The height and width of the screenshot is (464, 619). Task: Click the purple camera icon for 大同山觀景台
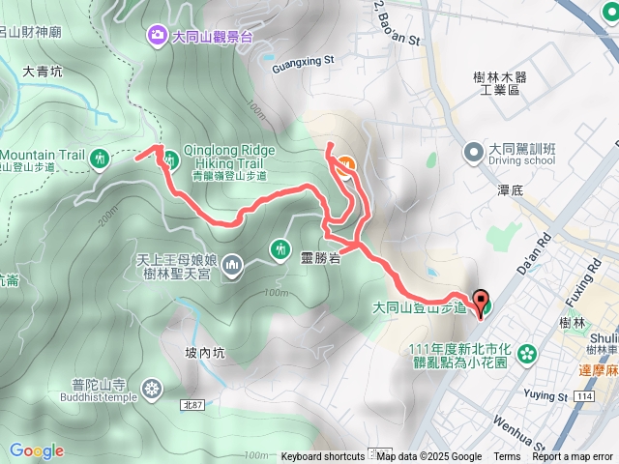click(158, 37)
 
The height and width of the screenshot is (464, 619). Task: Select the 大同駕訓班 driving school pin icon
click(473, 152)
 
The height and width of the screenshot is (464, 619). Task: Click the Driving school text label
click(522, 161)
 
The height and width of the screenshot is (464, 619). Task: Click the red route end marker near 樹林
click(481, 302)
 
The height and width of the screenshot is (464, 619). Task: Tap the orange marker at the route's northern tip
click(346, 164)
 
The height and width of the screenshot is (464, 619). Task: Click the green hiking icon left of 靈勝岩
click(280, 248)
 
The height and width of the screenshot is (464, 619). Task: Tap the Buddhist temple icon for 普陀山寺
click(152, 391)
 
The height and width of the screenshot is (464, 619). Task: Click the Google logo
click(37, 450)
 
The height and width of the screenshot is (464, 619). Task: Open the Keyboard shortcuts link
click(323, 457)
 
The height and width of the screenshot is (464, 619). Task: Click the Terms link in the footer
click(507, 457)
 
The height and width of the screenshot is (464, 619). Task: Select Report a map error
click(575, 457)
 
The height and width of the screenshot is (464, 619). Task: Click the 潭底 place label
click(510, 189)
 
